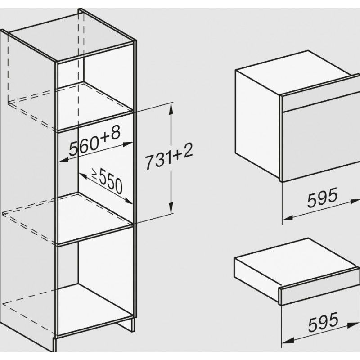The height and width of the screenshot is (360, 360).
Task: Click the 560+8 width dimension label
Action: click(x=94, y=141)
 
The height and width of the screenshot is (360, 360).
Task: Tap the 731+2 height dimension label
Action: click(x=169, y=156)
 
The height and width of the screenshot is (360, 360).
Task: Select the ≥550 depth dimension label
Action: click(x=108, y=181)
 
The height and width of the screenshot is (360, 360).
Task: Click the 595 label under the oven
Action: click(x=322, y=197)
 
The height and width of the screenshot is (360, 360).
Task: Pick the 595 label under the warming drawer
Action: click(x=323, y=322)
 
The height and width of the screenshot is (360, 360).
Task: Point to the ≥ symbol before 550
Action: click(x=94, y=173)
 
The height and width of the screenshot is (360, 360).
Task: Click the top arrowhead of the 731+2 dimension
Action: click(x=171, y=109)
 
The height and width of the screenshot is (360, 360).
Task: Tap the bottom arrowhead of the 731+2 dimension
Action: click(x=171, y=207)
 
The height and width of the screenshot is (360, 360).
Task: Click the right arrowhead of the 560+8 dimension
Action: click(x=128, y=144)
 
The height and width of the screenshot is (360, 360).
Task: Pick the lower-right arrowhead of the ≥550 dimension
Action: click(x=129, y=201)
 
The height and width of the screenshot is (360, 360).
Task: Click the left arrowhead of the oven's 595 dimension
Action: click(x=288, y=217)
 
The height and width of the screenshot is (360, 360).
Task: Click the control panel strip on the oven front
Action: click(x=320, y=102)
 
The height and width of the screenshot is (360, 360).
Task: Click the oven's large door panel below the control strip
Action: click(x=321, y=144)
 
